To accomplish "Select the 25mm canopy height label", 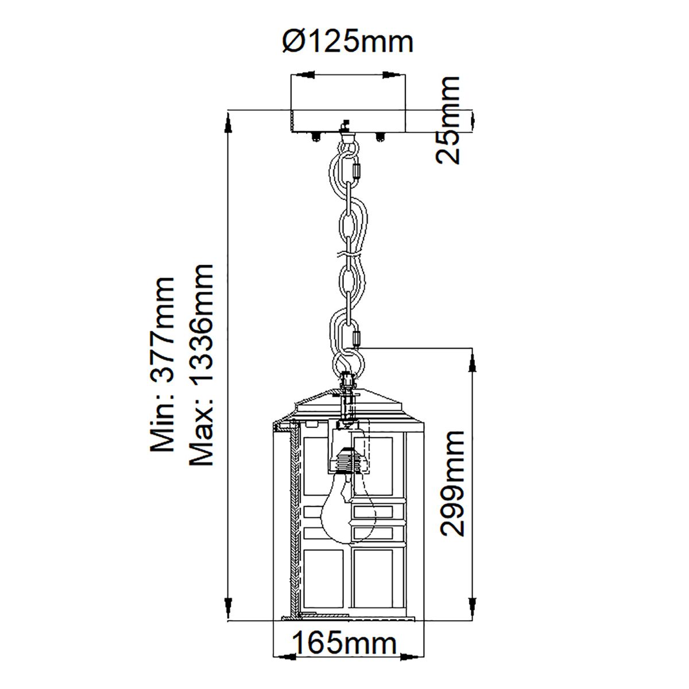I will pyautogui.click(x=448, y=121).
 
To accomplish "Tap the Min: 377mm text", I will pyautogui.click(x=161, y=365).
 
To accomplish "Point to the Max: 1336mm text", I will pyautogui.click(x=200, y=365).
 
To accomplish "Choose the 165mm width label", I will pyautogui.click(x=344, y=644).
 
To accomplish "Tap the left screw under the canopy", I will pyautogui.click(x=315, y=137).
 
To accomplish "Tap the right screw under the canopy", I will pyautogui.click(x=380, y=137).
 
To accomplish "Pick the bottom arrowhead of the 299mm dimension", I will pyautogui.click(x=472, y=606).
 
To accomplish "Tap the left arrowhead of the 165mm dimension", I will pyautogui.click(x=282, y=655).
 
